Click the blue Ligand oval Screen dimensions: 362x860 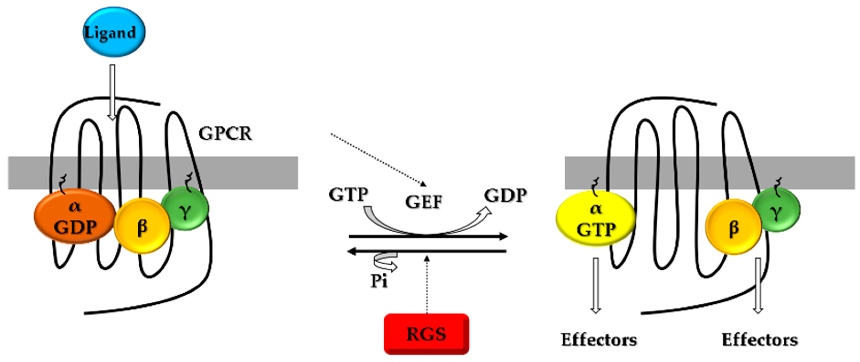pyautogui.click(x=114, y=32)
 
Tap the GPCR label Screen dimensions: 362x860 pyautogui.click(x=225, y=134)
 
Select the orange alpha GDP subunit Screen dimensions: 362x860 pyautogui.click(x=75, y=217)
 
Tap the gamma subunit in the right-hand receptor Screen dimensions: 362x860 pyautogui.click(x=776, y=210)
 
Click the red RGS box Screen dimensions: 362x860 pyautogui.click(x=426, y=334)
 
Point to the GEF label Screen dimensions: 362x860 pyautogui.click(x=424, y=202)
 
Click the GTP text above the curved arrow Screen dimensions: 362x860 pyautogui.click(x=349, y=194)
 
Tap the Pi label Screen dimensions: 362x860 pyautogui.click(x=379, y=281)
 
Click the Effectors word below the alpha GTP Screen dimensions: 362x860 pyautogui.click(x=599, y=340)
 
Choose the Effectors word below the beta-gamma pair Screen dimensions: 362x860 pyautogui.click(x=760, y=340)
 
